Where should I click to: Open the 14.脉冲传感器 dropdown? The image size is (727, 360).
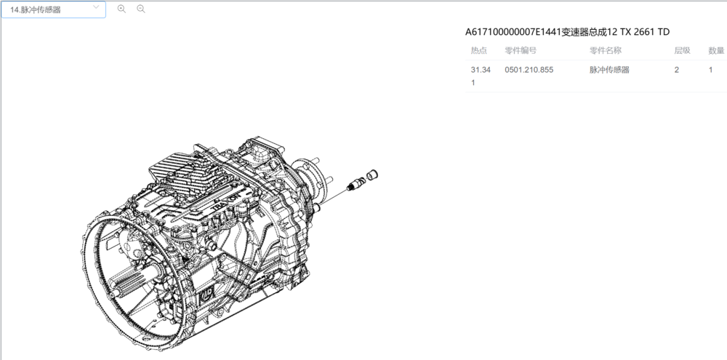[53, 9]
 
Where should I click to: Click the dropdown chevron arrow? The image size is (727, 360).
[96, 7]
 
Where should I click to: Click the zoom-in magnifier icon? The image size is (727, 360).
[121, 9]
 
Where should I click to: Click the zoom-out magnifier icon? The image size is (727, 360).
[142, 9]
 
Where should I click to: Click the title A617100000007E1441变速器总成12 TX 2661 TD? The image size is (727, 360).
[568, 31]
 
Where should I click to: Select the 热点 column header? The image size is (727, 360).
[479, 51]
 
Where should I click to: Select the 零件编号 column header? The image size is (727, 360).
[521, 51]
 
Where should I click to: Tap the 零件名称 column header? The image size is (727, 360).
[606, 51]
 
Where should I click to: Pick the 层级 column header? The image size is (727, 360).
[682, 51]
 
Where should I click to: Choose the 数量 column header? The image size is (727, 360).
[716, 51]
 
